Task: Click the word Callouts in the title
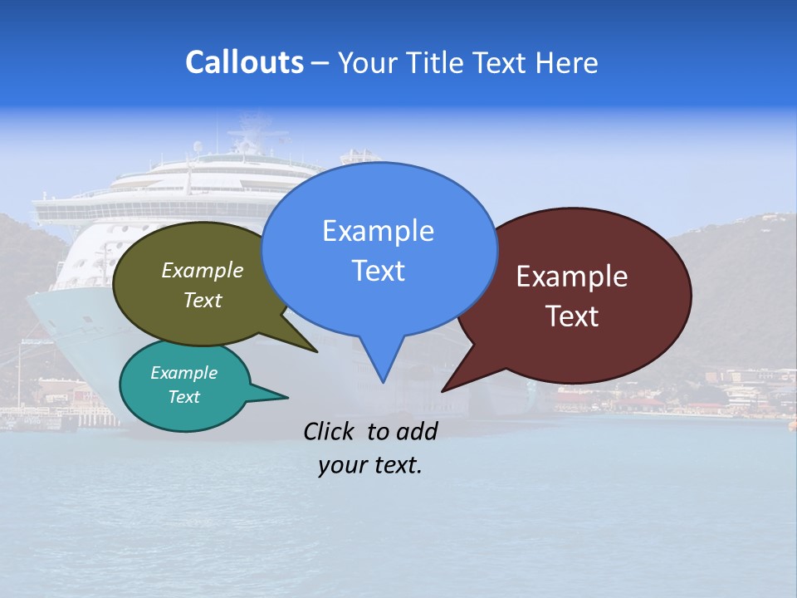[244, 62]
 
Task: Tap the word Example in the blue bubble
[378, 231]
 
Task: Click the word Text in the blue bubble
[378, 271]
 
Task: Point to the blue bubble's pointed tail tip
[383, 381]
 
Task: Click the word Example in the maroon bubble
[572, 277]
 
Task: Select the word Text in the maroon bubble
[572, 316]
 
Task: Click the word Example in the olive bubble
[203, 271]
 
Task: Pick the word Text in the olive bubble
[203, 301]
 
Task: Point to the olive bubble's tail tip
[316, 351]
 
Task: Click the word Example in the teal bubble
[183, 373]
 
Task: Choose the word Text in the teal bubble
[183, 397]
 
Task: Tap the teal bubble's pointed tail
[286, 396]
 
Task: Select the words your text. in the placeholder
[370, 465]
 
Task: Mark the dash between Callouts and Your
[320, 63]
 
